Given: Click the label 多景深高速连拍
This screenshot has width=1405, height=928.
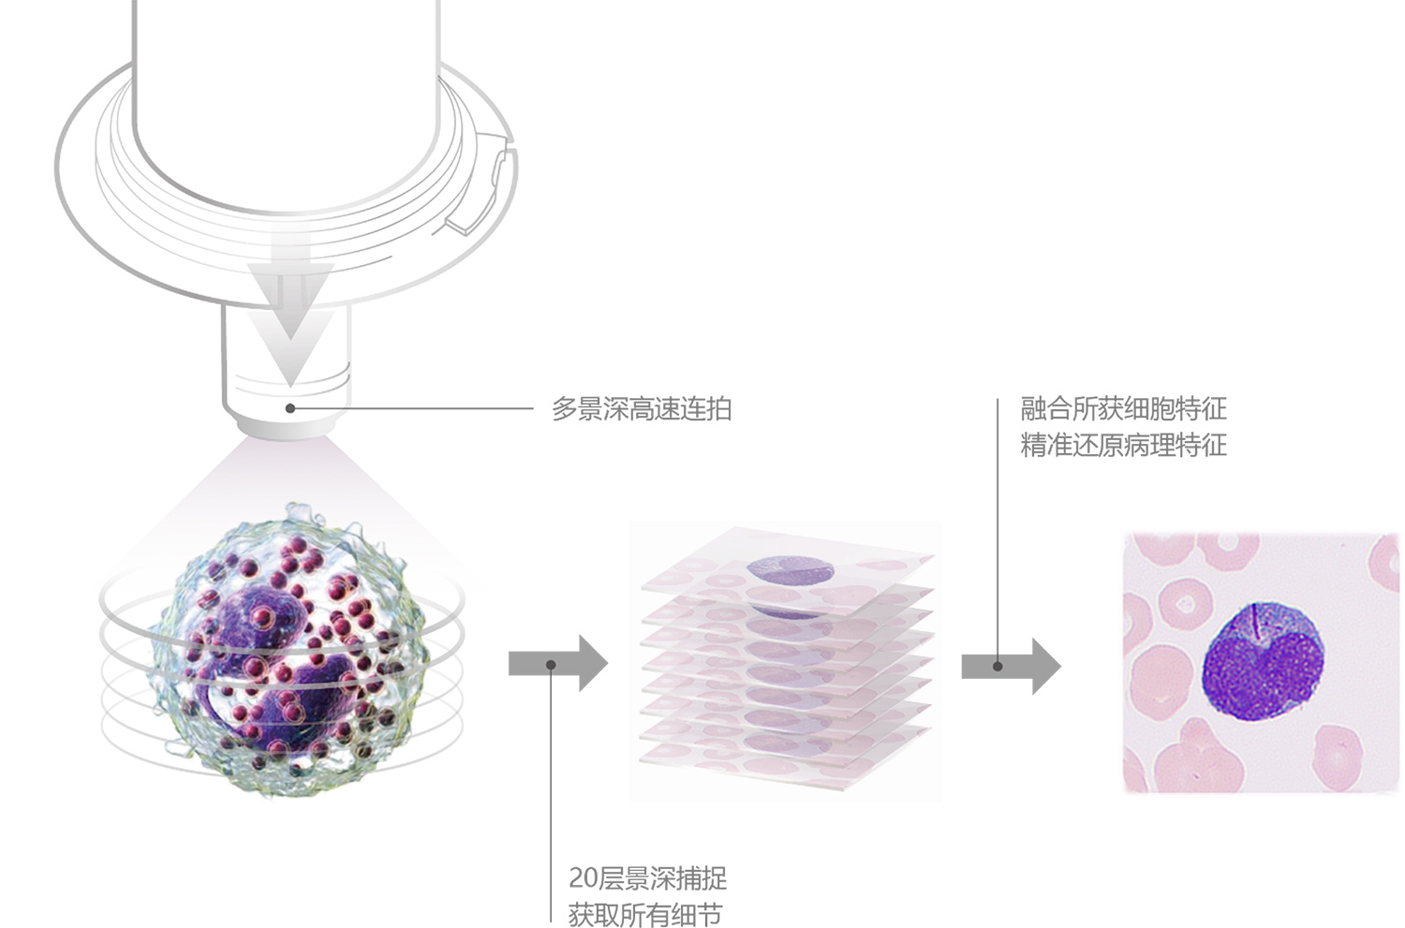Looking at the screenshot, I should coord(641,409).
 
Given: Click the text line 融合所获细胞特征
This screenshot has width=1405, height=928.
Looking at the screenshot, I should coord(1123,408).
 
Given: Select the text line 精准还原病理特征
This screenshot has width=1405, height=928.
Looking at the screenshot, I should coord(1123,445).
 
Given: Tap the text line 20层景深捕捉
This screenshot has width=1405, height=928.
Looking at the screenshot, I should coord(647,877).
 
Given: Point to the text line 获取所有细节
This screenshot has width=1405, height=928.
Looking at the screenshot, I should coord(645,914).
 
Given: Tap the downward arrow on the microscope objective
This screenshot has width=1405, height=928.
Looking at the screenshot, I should coord(291,309).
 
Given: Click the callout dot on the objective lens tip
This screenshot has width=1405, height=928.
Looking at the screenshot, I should coord(290,408).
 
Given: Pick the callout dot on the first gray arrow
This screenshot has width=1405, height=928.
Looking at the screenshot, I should coord(551,665).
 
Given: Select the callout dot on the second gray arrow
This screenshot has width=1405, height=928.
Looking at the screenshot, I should coord(998,666).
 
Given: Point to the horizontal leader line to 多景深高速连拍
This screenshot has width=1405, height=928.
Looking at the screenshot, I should coord(412,408).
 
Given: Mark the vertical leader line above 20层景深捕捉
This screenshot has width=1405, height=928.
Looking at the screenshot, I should coord(551,796).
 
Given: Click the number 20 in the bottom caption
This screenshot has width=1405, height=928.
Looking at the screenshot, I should coord(583,878).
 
